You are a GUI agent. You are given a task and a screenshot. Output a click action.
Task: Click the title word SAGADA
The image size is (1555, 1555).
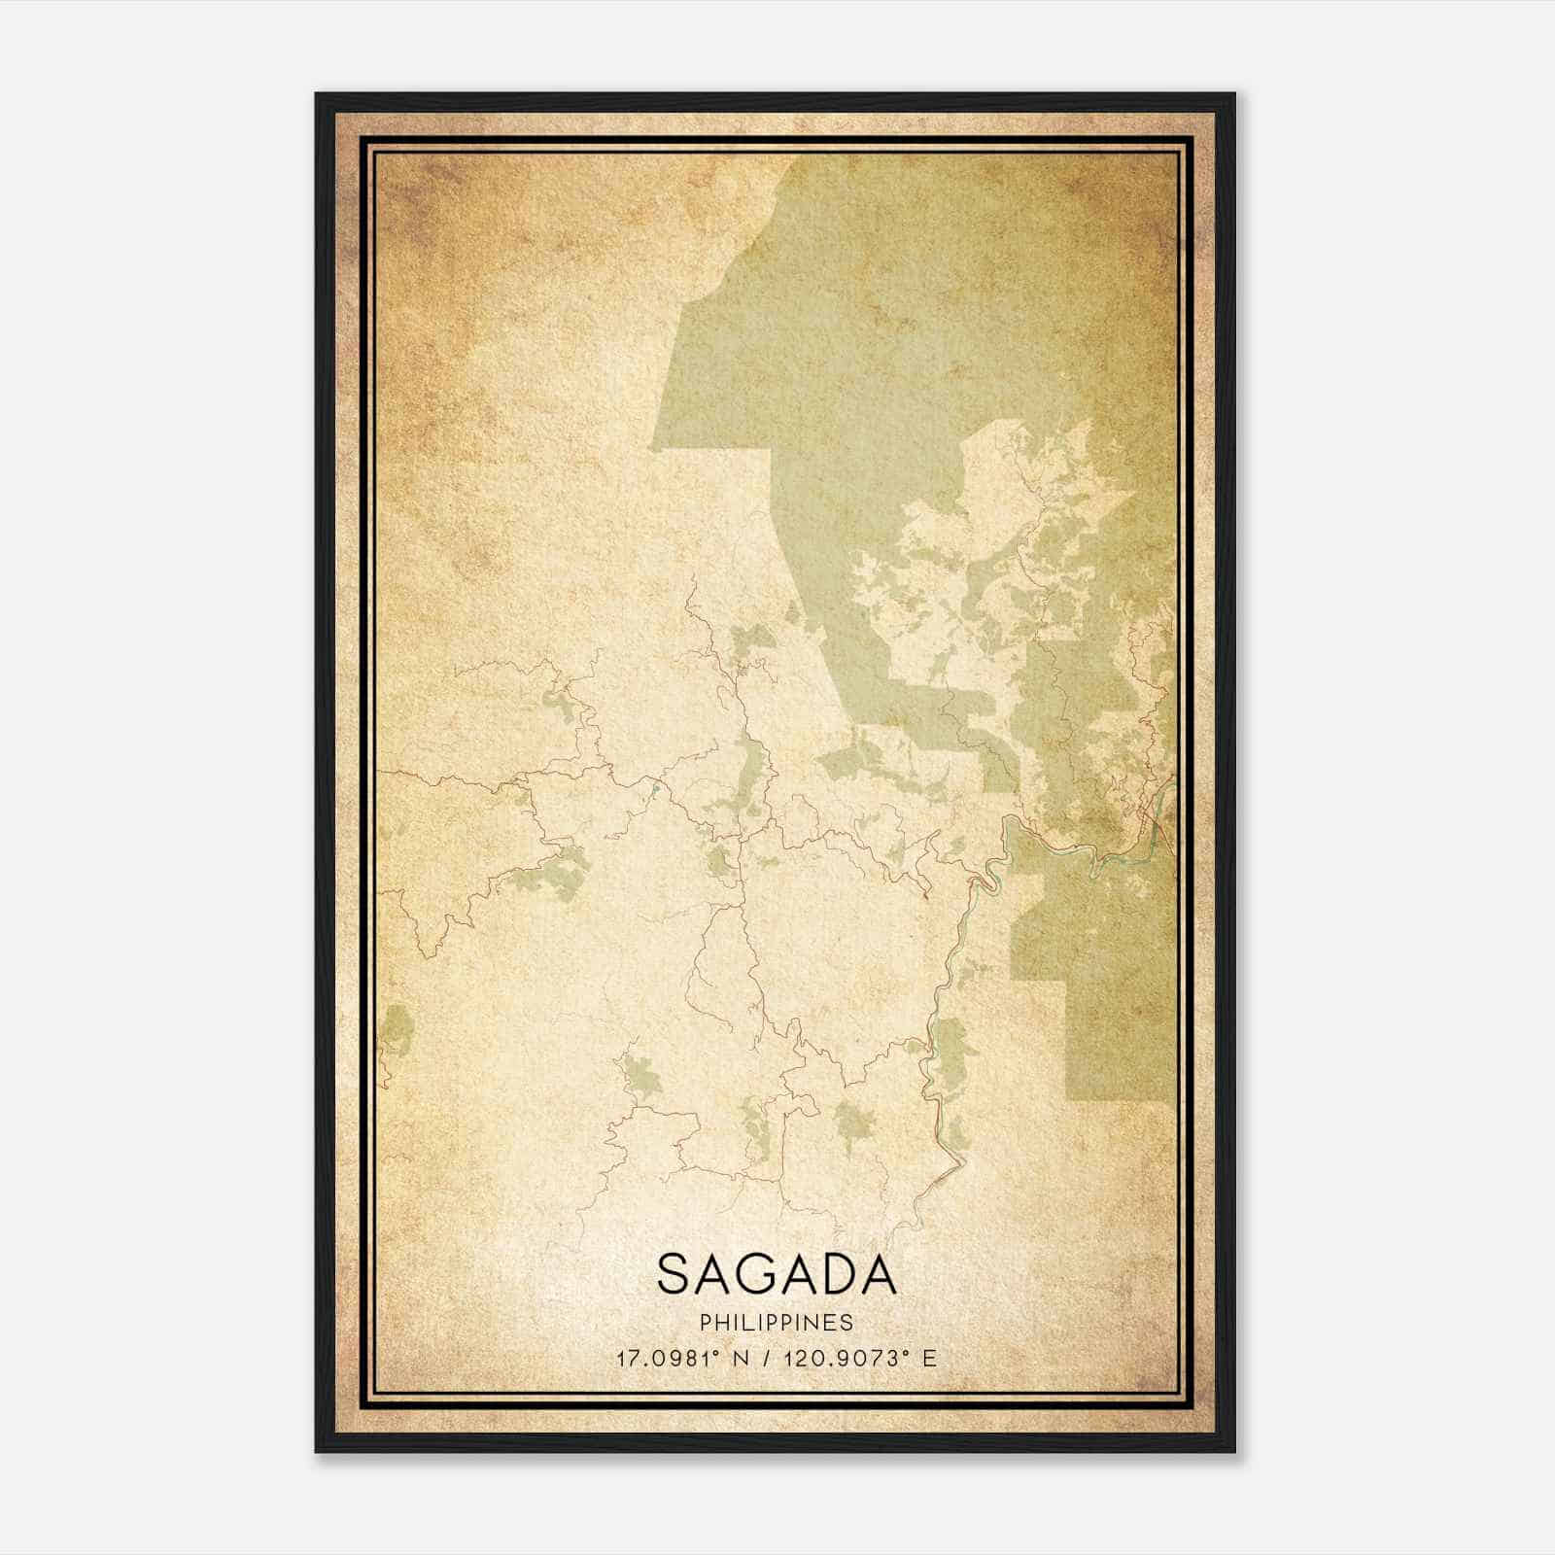pyautogui.click(x=776, y=1274)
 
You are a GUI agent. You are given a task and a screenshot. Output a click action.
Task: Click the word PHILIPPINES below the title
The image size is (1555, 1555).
pyautogui.click(x=776, y=1323)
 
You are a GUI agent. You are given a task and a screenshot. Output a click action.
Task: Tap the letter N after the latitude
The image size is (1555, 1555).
pyautogui.click(x=742, y=1358)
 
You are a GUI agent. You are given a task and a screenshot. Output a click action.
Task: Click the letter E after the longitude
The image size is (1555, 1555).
pyautogui.click(x=930, y=1358)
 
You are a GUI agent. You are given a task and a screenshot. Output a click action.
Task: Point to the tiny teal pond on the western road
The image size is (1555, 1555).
pyautogui.click(x=657, y=789)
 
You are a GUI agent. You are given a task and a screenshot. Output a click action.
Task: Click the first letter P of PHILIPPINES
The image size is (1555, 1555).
pyautogui.click(x=704, y=1323)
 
